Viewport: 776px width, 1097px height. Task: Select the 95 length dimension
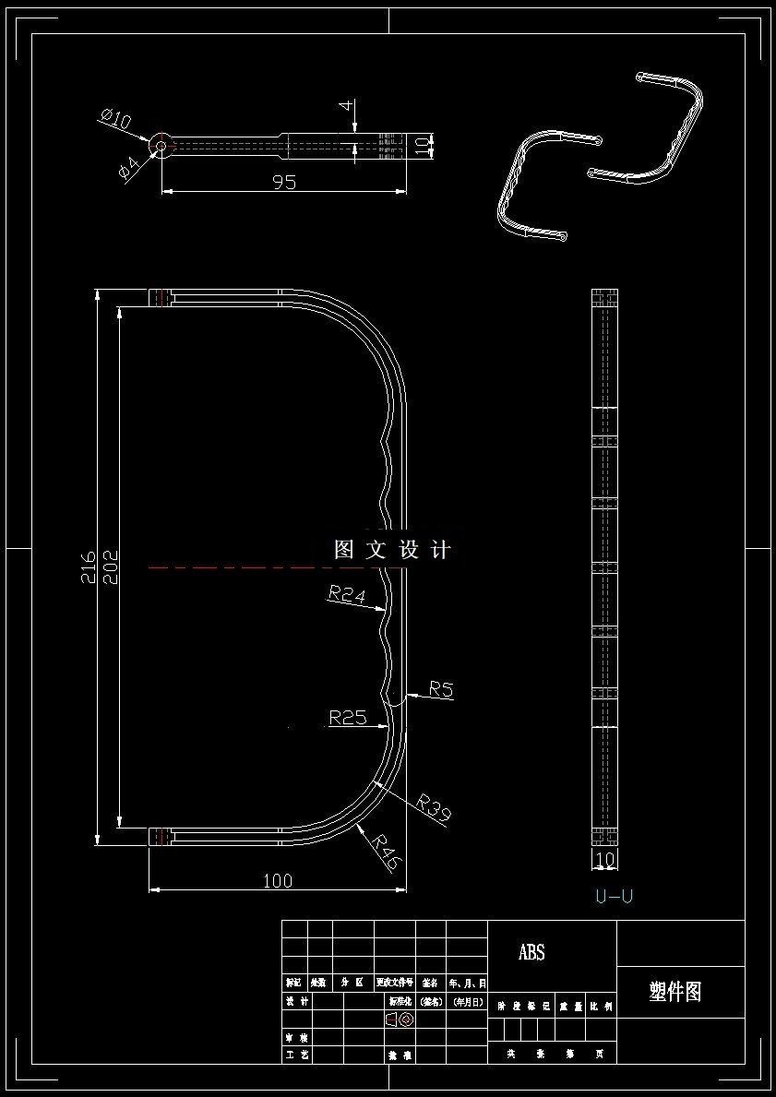284,182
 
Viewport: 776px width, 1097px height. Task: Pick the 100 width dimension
277,881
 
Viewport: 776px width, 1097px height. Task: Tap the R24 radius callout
347,595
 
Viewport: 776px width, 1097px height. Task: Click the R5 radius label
441,689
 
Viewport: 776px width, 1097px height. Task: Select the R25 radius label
348,717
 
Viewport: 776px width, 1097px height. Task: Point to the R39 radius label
433,807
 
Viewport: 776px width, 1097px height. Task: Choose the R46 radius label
386,851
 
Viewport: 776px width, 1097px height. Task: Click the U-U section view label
614,896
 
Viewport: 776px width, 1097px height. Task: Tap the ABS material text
531,952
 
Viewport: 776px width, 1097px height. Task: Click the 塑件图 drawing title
675,992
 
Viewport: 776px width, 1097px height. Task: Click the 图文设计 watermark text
392,551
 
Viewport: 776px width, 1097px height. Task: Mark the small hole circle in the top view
161,145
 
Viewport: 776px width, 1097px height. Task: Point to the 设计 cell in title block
296,1001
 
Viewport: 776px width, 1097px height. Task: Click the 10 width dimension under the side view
605,860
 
